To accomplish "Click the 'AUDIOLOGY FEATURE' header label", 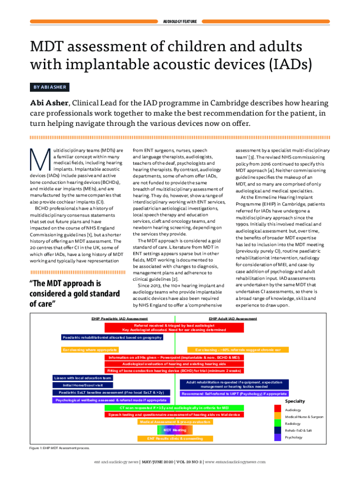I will coord(180,22).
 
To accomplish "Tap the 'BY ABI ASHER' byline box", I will coord(49,87).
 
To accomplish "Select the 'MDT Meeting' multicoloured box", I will coord(175,429).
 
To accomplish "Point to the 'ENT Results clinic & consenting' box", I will coord(175,438).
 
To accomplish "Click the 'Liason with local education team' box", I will coord(82,377).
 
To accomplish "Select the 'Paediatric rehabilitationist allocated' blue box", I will coord(112,337).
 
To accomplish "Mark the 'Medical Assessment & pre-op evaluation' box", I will coord(175,422).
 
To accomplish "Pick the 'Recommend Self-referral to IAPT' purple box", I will coord(234,394).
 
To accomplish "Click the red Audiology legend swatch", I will coord(277,410).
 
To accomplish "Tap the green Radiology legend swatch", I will coord(277,423).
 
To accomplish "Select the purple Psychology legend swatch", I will coord(277,437).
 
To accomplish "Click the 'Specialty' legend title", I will coord(295,401).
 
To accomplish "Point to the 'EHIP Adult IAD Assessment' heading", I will coord(232,319).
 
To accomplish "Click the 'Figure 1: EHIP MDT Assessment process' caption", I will coord(60,448).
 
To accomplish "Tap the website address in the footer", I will coord(235,461).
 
